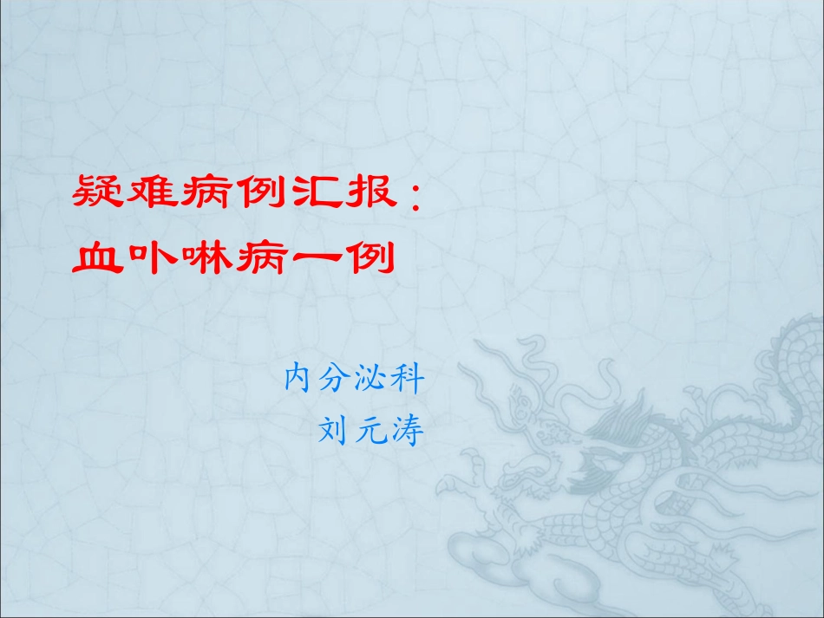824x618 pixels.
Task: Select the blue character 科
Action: pyautogui.click(x=409, y=379)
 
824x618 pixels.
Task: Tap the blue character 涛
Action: pyautogui.click(x=409, y=430)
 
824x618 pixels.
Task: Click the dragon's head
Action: pyautogui.click(x=555, y=433)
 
